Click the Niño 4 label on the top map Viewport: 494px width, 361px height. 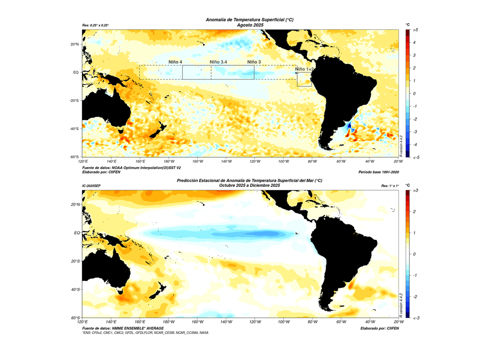click(175, 62)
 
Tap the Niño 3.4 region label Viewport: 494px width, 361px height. click(218, 62)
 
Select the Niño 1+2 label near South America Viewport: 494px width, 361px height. click(304, 69)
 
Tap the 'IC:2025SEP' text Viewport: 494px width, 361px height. click(92, 185)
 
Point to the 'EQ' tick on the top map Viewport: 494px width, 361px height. click(76, 72)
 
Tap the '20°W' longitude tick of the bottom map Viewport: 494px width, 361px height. click(398, 322)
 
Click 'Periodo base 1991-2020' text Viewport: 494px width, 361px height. click(379, 172)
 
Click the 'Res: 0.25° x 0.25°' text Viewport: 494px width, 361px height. click(96, 25)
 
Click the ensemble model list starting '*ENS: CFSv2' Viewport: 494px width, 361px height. click(145, 333)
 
